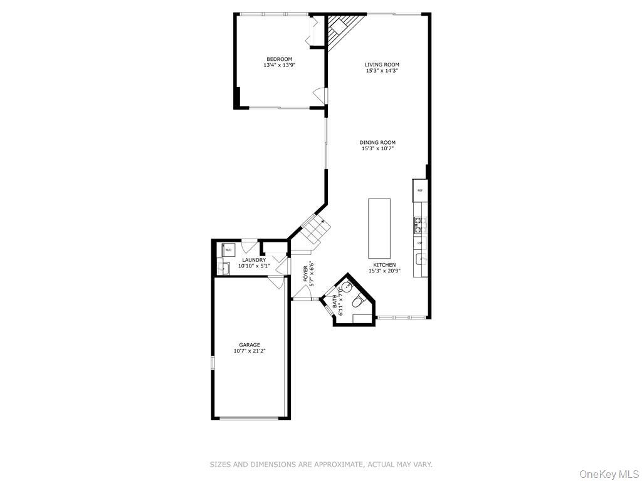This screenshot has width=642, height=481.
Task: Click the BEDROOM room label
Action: pos(280,59)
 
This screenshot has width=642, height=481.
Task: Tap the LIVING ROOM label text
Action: pos(382,65)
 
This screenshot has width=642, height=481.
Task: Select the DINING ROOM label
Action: pos(378,143)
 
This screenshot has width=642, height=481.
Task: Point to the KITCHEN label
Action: pos(384,265)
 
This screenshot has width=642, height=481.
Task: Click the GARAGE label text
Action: pos(249,344)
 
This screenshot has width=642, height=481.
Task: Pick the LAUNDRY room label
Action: pos(254,260)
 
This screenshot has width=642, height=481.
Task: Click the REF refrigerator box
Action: pos(419,190)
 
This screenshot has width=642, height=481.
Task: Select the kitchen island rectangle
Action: pos(379,228)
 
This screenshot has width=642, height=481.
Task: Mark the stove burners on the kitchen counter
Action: pos(419,222)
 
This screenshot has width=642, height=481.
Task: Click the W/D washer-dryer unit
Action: pos(228,249)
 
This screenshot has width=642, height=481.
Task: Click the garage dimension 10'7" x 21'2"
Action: pos(249,351)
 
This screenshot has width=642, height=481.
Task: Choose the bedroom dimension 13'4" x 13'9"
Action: pos(280,65)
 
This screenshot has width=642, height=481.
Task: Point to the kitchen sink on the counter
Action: pos(419,259)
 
